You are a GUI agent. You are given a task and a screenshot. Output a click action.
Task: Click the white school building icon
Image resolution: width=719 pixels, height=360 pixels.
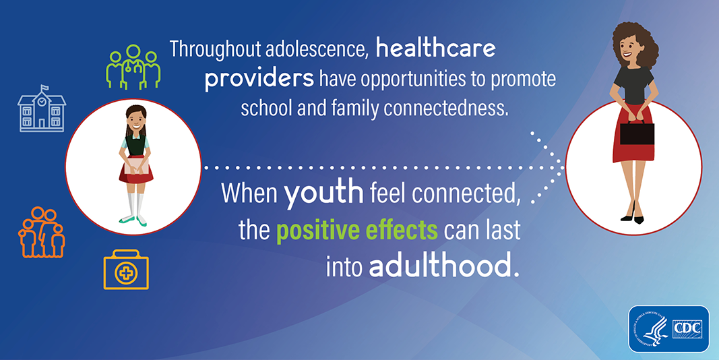coord(42,109)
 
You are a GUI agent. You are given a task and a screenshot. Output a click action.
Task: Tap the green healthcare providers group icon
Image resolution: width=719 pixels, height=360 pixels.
coord(133,67)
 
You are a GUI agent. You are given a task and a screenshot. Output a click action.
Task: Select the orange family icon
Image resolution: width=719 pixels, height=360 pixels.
coord(41,232)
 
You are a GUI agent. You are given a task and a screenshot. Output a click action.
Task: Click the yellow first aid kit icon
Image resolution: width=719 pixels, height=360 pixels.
coord(126,270)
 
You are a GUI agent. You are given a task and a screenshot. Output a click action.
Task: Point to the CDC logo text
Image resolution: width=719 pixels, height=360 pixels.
coord(687,329)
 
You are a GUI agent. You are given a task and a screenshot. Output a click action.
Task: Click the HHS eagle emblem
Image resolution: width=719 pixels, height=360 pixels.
coord(651,329)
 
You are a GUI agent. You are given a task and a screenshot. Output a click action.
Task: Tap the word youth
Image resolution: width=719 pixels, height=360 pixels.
coord(323,193)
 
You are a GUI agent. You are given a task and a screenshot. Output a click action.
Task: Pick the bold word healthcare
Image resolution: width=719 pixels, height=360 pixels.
coord(435,49)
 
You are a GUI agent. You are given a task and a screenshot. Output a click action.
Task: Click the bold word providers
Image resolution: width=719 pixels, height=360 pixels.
coord(259,78)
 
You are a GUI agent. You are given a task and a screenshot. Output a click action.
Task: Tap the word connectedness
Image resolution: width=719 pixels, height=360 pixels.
coord(445,109)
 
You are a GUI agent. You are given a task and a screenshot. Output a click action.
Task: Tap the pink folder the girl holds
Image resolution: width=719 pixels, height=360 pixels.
coord(136,165)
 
